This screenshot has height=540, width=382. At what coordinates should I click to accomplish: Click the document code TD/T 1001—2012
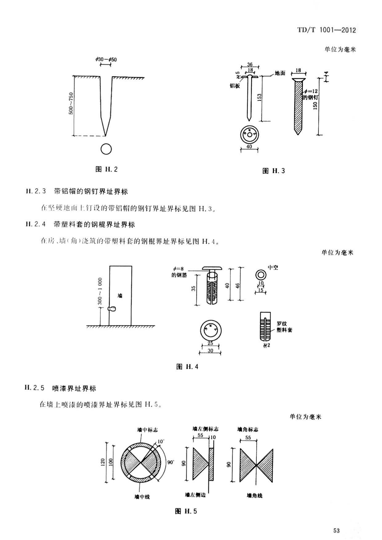[326, 30]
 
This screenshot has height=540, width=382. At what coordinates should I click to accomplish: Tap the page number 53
[336, 530]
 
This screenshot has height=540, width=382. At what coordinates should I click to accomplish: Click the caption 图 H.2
[107, 169]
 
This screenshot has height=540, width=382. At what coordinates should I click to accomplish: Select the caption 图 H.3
[273, 171]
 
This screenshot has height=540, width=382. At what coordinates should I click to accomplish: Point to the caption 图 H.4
[187, 366]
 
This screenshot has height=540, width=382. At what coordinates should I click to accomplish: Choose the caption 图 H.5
[186, 511]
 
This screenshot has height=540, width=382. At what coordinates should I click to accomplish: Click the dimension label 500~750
[71, 103]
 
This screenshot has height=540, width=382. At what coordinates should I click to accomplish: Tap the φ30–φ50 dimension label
[106, 59]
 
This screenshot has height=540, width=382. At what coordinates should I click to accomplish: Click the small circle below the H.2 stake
[106, 149]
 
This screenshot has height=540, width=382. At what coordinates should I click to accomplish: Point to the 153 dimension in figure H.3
[259, 97]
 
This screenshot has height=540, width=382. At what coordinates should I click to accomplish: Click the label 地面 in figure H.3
[280, 73]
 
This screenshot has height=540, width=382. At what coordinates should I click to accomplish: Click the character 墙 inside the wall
[120, 296]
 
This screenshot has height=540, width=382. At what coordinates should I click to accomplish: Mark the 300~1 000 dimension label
[100, 291]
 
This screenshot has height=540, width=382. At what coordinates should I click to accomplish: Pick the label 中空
[273, 267]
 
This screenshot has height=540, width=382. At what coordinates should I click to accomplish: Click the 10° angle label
[160, 442]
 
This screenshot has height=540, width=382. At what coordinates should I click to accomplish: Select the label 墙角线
[255, 495]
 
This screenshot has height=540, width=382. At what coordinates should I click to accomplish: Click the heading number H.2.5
[34, 388]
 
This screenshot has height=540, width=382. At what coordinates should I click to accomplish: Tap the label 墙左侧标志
[205, 429]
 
